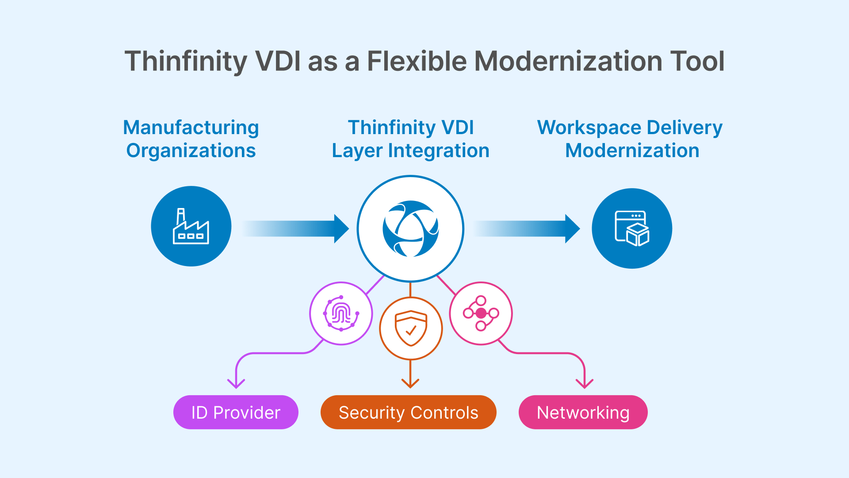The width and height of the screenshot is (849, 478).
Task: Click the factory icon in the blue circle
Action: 191,226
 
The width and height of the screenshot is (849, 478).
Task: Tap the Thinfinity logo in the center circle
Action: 410,229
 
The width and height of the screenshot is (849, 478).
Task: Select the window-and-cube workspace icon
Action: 632,228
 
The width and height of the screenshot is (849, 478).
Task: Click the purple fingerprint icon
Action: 341,313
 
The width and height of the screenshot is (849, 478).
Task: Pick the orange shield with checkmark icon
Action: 411,328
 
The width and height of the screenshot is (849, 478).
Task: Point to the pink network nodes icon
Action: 481,313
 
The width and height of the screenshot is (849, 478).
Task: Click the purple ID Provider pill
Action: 236,412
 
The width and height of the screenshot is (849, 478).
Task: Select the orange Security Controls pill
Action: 408,412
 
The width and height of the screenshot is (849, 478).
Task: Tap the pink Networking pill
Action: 583,412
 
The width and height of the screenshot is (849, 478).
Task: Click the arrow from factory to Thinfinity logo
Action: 296,229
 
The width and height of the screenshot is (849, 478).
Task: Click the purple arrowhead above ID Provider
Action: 236,383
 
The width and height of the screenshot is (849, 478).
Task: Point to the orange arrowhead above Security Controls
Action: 410,383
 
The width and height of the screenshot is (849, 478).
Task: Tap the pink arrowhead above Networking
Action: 585,383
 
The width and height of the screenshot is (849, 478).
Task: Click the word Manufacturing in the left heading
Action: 191,127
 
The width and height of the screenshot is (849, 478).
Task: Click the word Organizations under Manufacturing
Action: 191,150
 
